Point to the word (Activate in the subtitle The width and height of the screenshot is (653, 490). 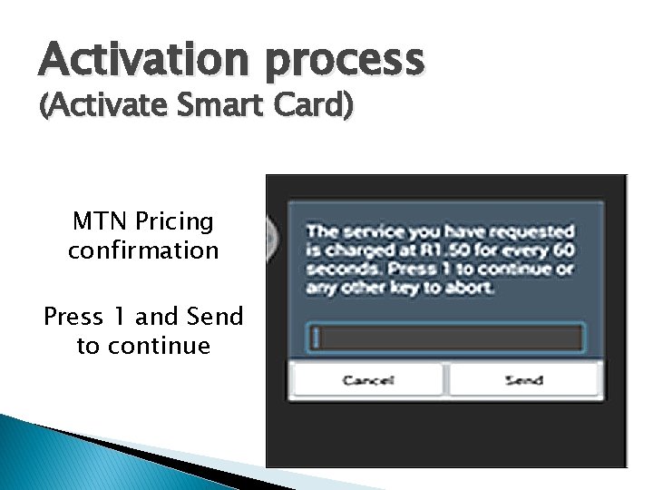[x=97, y=106]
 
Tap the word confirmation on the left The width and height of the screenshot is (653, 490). [x=143, y=250]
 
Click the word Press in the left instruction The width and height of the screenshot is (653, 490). [x=73, y=317]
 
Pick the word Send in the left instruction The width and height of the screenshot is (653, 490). [x=215, y=317]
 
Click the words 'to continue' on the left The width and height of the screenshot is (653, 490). [x=143, y=346]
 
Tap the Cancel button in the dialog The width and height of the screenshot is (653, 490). [x=367, y=380]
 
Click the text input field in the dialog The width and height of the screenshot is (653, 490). [x=444, y=338]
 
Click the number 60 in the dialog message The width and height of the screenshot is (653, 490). [x=563, y=251]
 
